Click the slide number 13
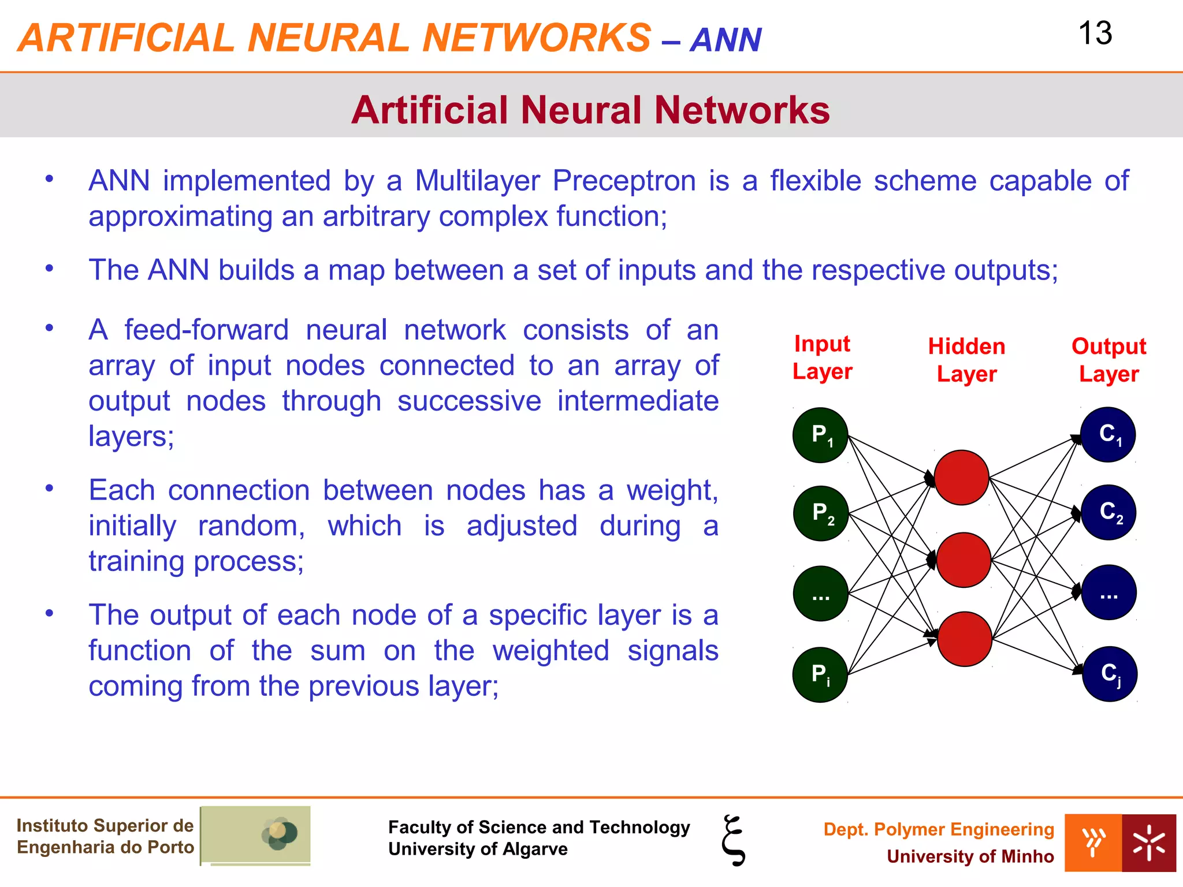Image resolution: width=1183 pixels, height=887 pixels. click(x=1095, y=33)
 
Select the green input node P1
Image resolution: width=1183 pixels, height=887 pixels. click(x=820, y=435)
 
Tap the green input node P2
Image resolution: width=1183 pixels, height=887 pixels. click(x=821, y=513)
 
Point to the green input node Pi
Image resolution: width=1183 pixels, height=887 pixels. click(x=820, y=674)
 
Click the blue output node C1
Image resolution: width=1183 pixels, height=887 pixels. click(x=1108, y=434)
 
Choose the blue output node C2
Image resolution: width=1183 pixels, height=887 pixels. click(x=1108, y=512)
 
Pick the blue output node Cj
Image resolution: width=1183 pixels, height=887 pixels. click(x=1109, y=673)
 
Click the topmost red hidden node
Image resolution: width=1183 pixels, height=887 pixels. click(x=961, y=478)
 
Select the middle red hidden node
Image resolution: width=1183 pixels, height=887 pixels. click(x=963, y=560)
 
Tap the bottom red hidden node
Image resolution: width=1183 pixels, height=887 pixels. click(x=964, y=639)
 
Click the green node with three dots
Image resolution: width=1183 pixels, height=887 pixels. click(x=820, y=594)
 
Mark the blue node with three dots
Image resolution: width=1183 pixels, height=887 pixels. click(x=1108, y=592)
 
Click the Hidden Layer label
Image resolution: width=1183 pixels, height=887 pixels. click(x=966, y=360)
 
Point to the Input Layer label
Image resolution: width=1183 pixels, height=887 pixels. click(x=822, y=357)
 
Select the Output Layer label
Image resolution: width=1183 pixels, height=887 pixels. click(x=1108, y=360)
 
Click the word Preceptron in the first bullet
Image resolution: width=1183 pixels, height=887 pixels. click(x=624, y=181)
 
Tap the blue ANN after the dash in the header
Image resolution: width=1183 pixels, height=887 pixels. click(x=726, y=40)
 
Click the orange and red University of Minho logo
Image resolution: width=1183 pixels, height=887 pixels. click(x=1119, y=843)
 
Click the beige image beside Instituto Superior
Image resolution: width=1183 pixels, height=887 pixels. click(x=255, y=835)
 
